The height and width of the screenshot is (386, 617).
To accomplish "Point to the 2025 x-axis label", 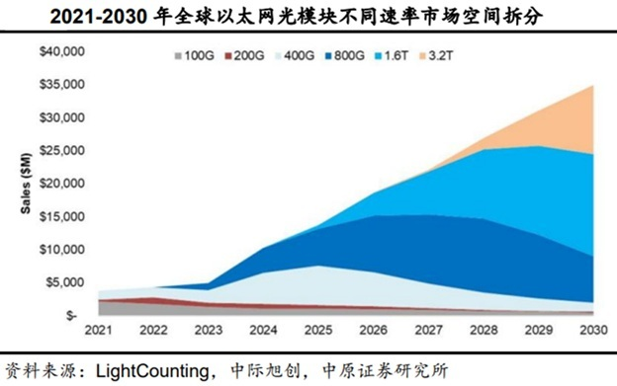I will (318, 331).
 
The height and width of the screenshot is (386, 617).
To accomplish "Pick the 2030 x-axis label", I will (592, 331).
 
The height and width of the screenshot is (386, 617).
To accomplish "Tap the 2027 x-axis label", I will (428, 331).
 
